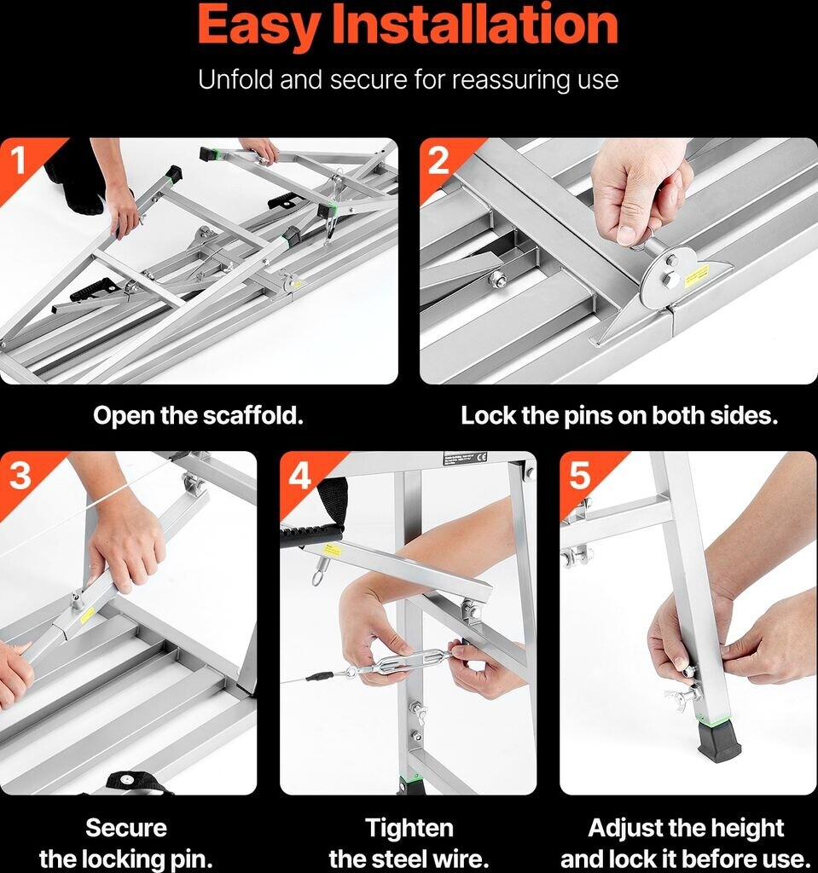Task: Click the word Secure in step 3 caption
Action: click(x=126, y=828)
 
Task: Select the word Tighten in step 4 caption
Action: click(x=409, y=829)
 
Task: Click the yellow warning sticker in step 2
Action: click(x=697, y=274)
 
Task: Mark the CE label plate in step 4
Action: click(x=465, y=458)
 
